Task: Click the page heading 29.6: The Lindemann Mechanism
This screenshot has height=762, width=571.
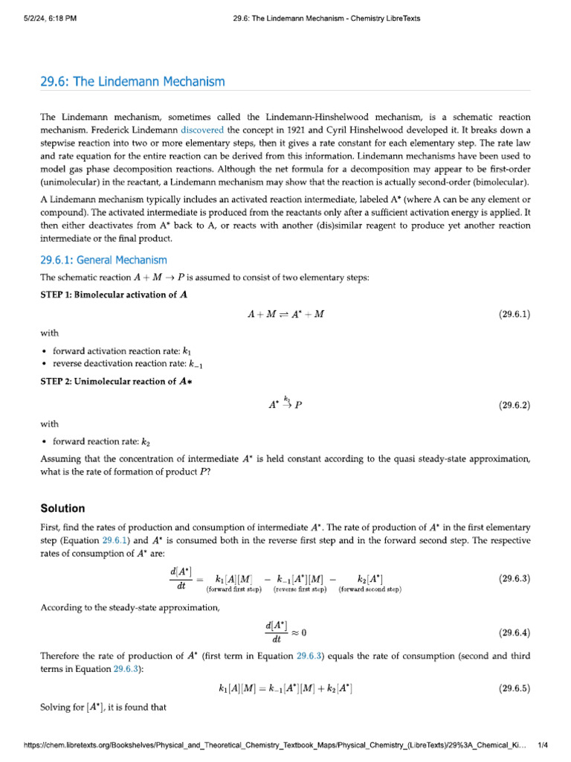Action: coord(132,81)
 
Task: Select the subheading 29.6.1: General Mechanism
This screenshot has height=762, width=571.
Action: coord(103,260)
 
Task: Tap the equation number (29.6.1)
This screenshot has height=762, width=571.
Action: coord(514,314)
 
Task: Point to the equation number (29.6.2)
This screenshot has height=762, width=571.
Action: coord(514,406)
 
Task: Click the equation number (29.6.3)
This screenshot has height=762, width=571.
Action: coord(514,578)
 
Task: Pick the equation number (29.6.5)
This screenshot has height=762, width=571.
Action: coord(514,688)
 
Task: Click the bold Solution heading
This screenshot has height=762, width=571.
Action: coord(62,508)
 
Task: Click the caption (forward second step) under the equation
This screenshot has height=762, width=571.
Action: coord(370,589)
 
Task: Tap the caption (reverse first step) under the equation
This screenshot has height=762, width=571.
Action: coord(300,589)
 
